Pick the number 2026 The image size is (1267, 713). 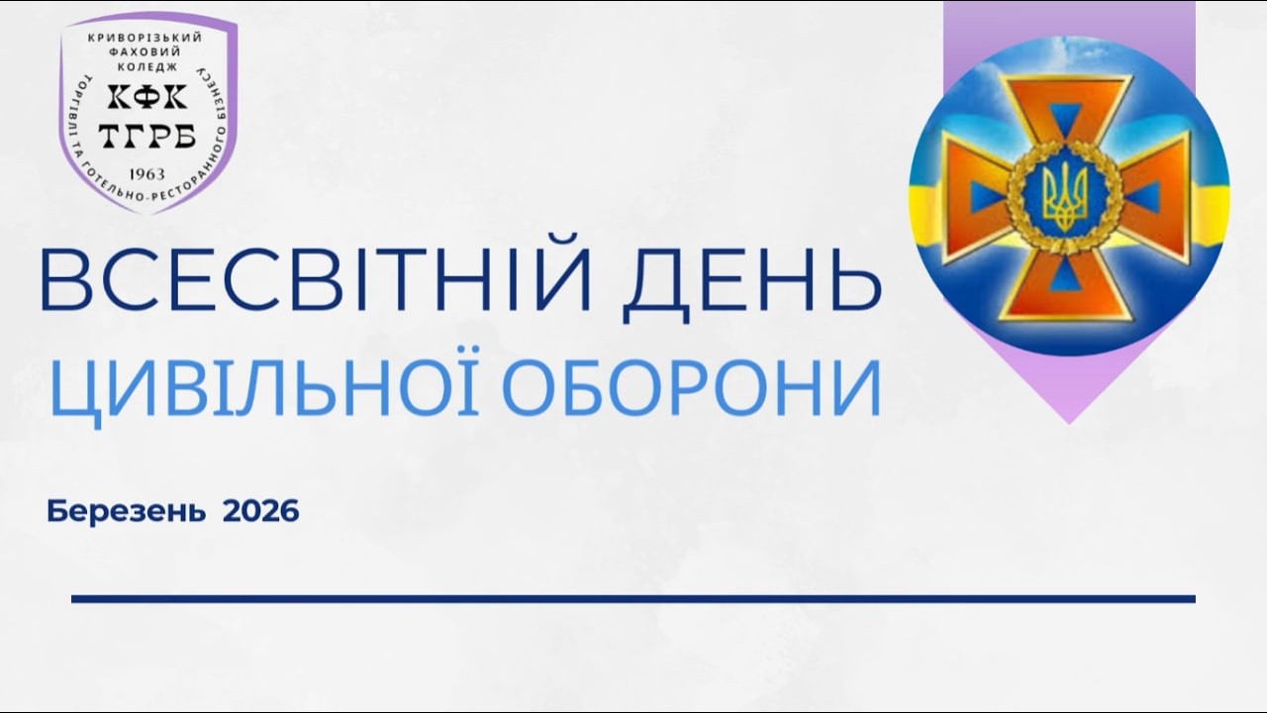pos(260,512)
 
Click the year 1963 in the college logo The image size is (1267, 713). pos(147,174)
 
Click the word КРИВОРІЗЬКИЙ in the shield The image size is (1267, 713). pos(147,38)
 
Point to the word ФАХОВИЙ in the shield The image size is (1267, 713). pos(147,51)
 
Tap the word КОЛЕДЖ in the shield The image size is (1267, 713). pos(147,65)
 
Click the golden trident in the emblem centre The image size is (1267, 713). pos(1065,194)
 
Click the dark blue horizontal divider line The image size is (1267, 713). pos(633,598)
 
